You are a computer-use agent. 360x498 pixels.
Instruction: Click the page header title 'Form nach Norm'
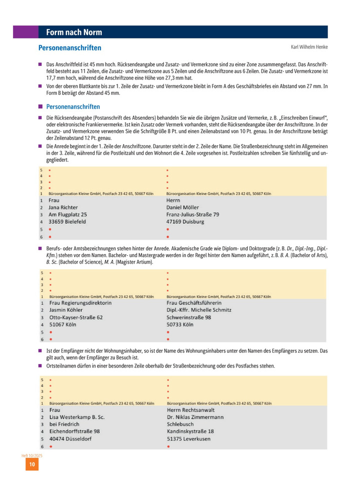[x=73, y=32]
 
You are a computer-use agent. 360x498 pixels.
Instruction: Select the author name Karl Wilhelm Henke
[x=309, y=47]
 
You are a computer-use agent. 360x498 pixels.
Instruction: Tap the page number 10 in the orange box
[x=31, y=465]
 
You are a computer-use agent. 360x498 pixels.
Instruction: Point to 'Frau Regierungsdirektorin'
[x=80, y=303]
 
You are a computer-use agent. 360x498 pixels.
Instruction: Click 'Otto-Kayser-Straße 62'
[x=76, y=317]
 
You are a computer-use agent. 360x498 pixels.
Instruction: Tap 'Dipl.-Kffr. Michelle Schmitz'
[x=198, y=310]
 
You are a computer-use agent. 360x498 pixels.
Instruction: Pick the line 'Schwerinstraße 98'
[x=188, y=317]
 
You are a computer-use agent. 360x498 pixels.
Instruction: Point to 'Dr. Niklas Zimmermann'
[x=195, y=417]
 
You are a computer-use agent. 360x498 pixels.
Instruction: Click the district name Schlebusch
[x=181, y=424]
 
